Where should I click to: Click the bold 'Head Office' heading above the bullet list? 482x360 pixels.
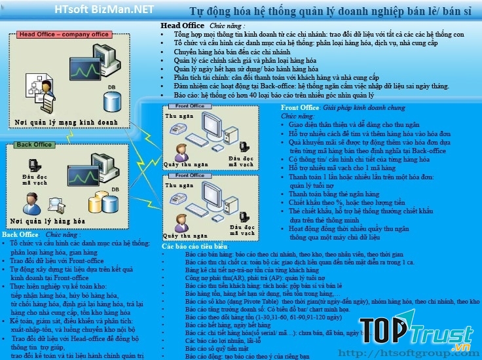[183, 26]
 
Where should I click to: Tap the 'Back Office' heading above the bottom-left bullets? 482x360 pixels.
[20, 234]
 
